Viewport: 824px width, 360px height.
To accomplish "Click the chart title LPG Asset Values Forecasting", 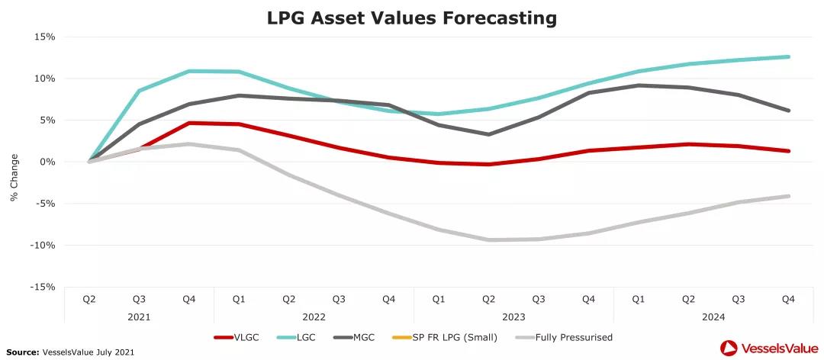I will (412, 18).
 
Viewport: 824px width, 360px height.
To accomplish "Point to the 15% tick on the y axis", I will (45, 37).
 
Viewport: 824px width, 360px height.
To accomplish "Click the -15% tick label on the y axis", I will (43, 287).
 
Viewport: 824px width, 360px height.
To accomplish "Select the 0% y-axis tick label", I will (47, 162).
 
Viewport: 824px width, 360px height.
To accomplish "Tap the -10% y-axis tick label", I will (43, 245).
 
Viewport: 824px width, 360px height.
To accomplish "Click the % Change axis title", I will (14, 177).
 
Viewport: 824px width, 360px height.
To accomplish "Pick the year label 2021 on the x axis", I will (139, 316).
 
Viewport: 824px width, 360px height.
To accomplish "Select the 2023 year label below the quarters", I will (513, 316).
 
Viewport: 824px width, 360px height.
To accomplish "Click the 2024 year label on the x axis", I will (713, 316).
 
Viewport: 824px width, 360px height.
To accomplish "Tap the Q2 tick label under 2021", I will (89, 300).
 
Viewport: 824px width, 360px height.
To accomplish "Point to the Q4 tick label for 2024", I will (788, 300).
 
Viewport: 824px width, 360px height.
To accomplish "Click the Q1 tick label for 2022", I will (239, 300).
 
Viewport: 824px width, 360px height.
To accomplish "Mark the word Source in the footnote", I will (22, 352).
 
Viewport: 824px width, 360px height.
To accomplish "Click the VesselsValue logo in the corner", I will (766, 348).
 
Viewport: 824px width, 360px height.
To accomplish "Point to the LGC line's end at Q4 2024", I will (788, 56).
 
